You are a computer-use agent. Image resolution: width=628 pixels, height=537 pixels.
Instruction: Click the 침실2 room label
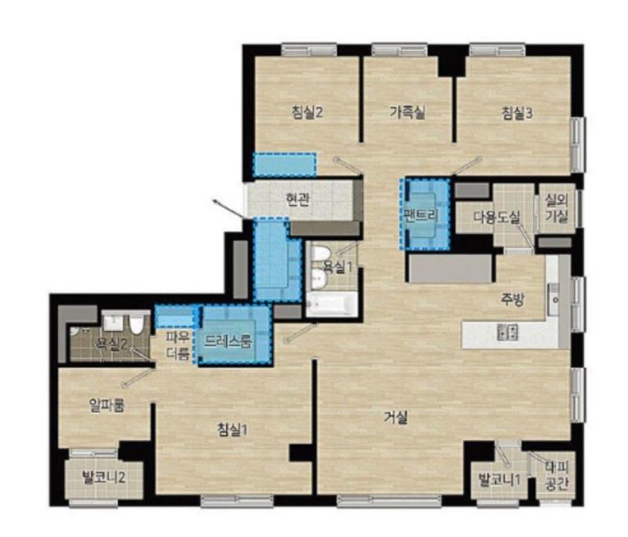coord(307,112)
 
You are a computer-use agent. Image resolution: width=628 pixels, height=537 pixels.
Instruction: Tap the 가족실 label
coord(407,112)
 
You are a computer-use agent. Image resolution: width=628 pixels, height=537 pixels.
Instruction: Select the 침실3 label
coord(517,113)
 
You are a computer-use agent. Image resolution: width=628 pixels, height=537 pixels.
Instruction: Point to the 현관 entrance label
coord(298,199)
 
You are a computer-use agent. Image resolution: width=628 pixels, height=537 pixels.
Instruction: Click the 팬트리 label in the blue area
coord(422,215)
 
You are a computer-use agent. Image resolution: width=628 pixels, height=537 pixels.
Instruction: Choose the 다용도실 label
coord(497,217)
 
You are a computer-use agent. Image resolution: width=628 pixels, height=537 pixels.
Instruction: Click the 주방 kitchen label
coord(513,299)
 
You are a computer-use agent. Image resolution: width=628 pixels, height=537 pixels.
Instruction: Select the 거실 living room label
coord(396,418)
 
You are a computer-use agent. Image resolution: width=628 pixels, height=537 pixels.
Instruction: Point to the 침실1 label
coord(232,429)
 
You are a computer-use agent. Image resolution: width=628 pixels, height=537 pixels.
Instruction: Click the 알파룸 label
coord(107,406)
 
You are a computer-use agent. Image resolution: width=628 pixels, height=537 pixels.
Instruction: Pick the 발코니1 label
coord(499,480)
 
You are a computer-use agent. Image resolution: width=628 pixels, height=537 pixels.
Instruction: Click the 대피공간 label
coord(557,476)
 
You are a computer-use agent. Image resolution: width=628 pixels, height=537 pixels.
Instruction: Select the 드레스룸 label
coord(228,342)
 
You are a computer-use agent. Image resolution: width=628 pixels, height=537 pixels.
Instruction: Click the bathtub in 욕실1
coord(330,304)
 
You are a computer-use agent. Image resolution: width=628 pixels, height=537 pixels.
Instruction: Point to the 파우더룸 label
coord(178,346)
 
